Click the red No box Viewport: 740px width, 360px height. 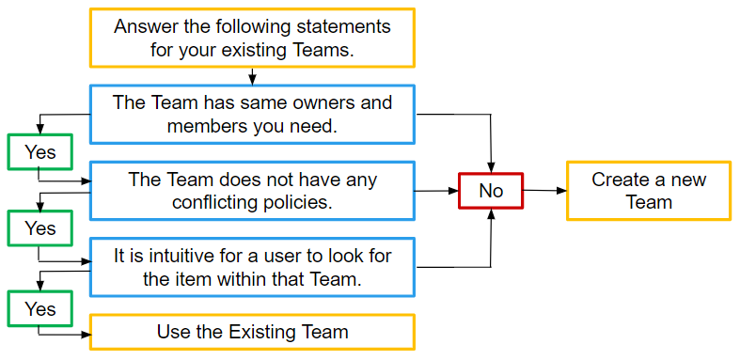coord(490,191)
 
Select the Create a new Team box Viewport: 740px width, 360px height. coord(648,191)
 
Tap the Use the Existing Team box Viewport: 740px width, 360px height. coord(252,332)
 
